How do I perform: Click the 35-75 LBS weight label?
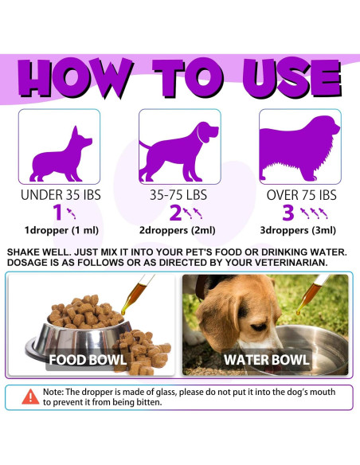[180, 194]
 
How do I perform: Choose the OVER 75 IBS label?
[299, 194]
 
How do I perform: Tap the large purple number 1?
[57, 213]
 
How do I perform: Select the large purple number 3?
[289, 213]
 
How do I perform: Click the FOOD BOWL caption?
[88, 359]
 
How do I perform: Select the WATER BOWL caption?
[267, 359]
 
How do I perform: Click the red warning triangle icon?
[30, 397]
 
